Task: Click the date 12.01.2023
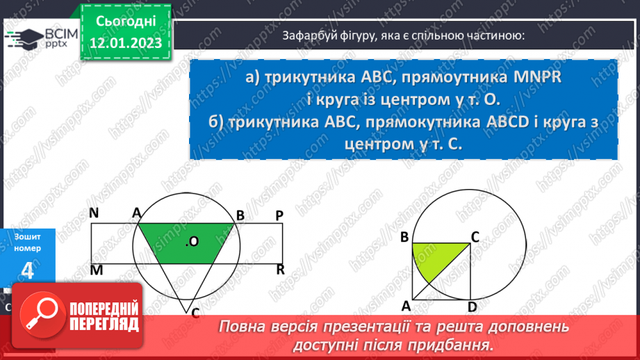tap(126, 43)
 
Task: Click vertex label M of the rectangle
tap(95, 269)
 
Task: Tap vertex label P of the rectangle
tap(279, 215)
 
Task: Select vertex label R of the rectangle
tap(280, 269)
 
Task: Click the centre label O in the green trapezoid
tap(193, 241)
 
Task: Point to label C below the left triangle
tap(196, 313)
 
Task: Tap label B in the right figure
tap(404, 237)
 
